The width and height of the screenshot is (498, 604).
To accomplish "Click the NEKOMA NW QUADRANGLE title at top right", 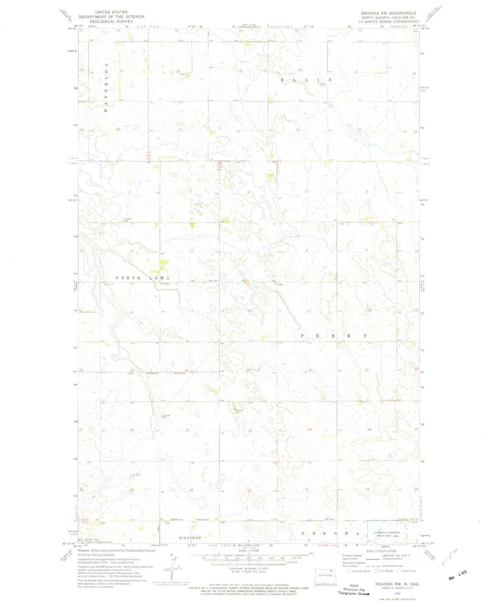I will click(388, 13).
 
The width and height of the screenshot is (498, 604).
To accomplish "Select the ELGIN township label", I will click(306, 80).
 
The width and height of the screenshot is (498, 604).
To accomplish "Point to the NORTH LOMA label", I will click(142, 278).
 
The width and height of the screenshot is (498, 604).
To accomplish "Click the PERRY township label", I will click(334, 335).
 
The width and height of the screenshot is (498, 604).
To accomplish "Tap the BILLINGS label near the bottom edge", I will click(190, 538).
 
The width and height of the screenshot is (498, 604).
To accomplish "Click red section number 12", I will click(192, 250).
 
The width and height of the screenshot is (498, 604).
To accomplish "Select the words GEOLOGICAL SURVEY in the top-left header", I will click(111, 21).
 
